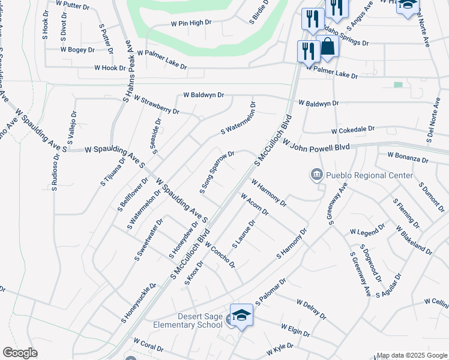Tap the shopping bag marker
328,47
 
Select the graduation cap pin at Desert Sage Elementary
241,315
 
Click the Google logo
20,353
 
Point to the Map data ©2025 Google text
411,355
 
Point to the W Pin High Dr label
191,23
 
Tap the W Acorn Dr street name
255,204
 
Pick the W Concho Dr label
219,255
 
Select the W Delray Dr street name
310,308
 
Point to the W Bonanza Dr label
408,158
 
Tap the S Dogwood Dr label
370,262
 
